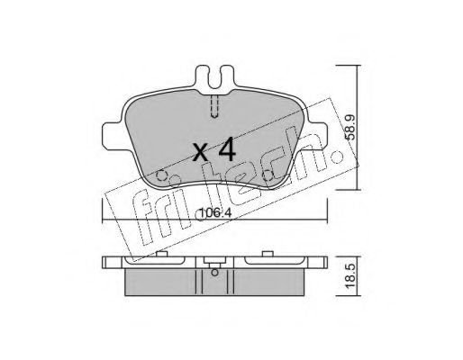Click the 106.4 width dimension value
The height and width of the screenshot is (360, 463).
coord(216,213)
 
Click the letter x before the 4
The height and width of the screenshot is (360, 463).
coord(200,152)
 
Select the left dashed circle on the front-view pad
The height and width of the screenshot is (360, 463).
coord(161,175)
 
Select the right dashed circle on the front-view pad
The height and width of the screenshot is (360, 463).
coord(268,175)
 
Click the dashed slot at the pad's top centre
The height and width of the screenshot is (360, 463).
coord(214,106)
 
